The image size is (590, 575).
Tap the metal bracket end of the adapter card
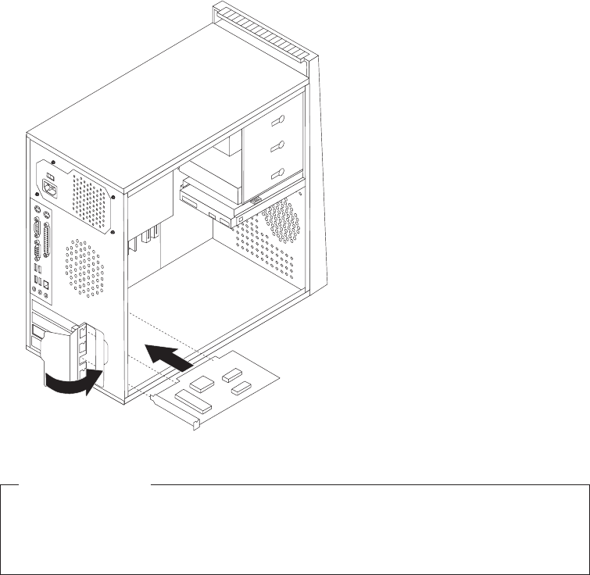point(173,409)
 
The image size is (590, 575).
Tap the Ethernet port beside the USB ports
point(48,286)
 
